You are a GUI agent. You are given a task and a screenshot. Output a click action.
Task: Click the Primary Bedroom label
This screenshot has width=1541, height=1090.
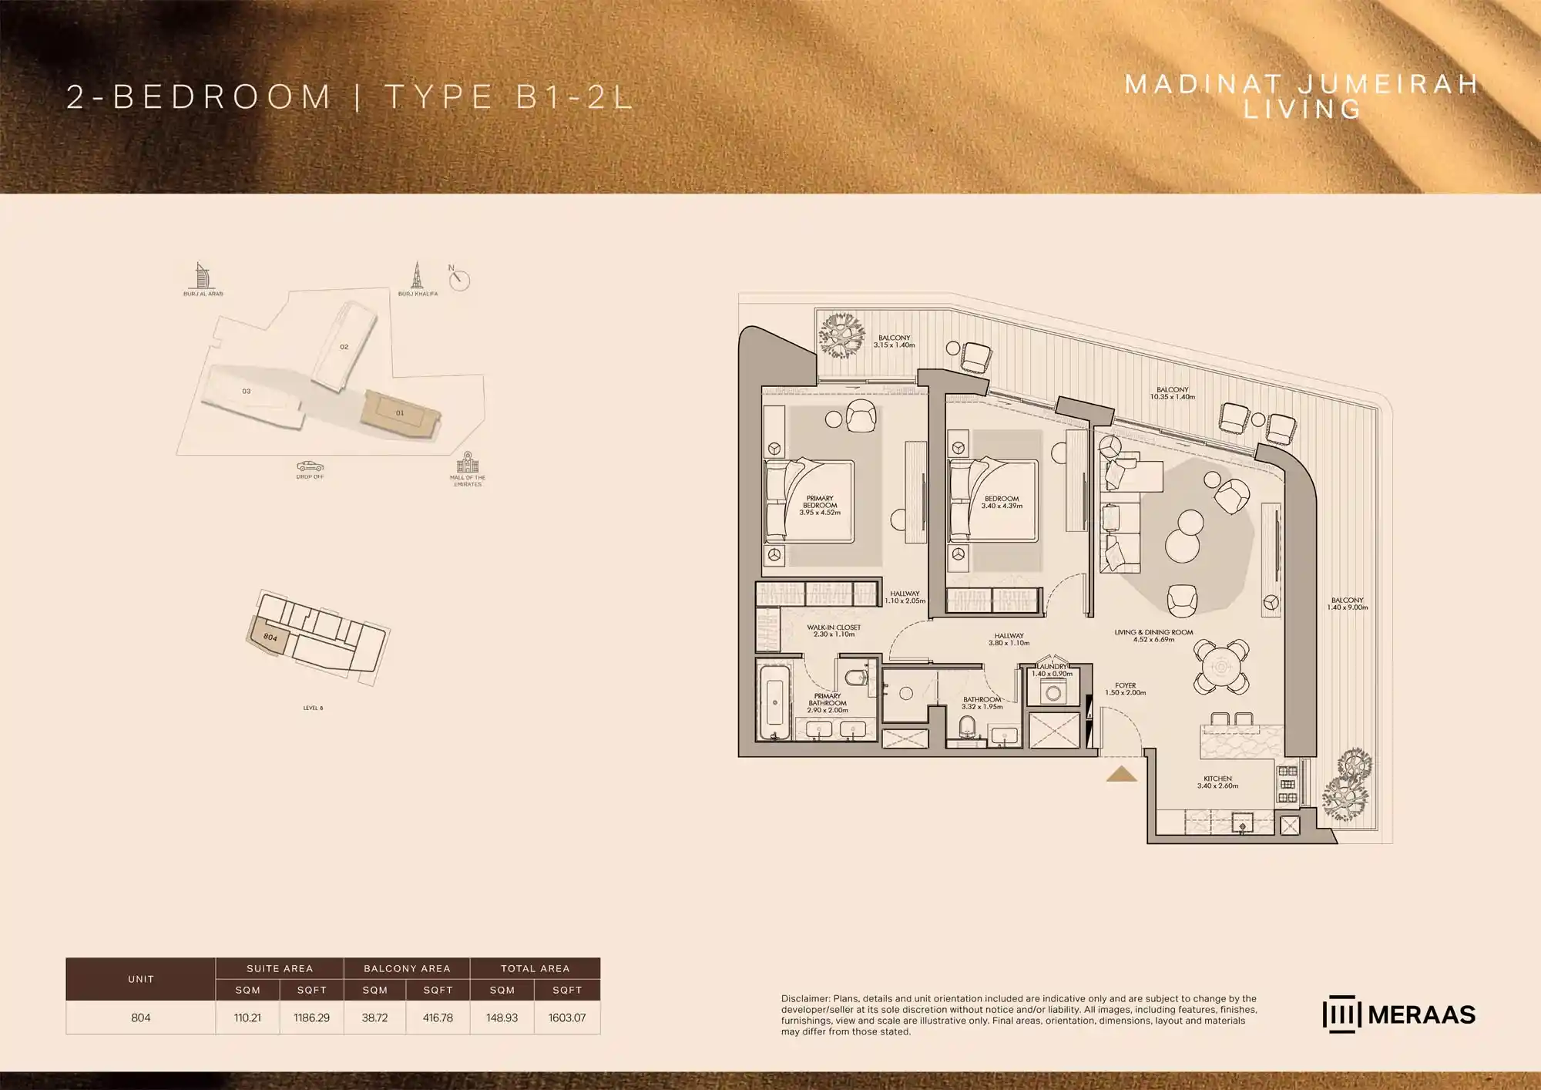pos(820,505)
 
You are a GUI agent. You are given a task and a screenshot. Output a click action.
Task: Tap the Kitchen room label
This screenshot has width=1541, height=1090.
pos(1217,782)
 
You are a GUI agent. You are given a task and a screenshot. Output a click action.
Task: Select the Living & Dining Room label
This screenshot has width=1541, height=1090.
pos(1153,635)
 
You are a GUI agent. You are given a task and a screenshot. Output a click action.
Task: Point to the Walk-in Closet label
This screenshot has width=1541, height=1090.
pos(834,631)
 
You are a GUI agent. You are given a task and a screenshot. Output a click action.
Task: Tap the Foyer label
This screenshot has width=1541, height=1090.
pos(1125,688)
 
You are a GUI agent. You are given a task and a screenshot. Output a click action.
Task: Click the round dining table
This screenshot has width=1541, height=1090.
pos(1221,666)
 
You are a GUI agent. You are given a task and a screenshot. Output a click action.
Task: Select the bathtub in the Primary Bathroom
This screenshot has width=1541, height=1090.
pos(774,701)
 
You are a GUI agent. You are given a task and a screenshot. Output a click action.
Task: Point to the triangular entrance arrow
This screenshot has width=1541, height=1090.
pos(1121,774)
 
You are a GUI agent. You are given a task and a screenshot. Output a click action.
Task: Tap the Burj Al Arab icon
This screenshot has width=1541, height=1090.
pos(202,275)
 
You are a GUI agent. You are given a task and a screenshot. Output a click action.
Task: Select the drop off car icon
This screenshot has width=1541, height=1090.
pos(310,466)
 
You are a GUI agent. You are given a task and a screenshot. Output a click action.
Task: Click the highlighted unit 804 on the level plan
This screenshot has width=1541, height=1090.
pos(269,637)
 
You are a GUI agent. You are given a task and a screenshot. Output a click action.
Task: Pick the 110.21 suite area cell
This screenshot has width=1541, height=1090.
pos(247,1018)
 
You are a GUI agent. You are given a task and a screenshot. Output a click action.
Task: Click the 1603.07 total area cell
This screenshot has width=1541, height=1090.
pos(567,1018)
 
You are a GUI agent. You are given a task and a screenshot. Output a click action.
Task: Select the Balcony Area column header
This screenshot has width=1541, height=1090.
pos(407,968)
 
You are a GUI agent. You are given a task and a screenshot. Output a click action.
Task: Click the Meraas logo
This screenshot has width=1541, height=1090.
pos(1398,1014)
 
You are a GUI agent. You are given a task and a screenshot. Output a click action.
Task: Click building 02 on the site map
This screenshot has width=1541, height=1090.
pos(344,347)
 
